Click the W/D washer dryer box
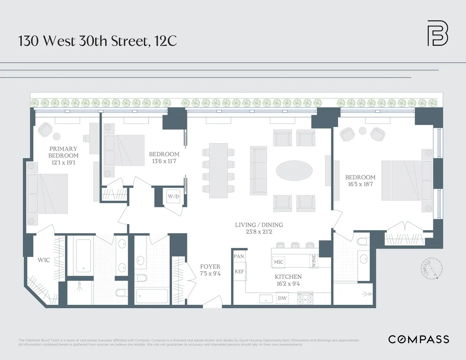click(x=173, y=197)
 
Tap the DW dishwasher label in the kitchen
click(x=282, y=298)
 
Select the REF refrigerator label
click(x=239, y=272)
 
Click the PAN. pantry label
click(x=238, y=256)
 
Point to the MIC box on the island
click(x=278, y=262)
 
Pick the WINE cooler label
click(x=313, y=261)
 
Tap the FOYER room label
click(x=210, y=267)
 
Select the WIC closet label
click(x=44, y=260)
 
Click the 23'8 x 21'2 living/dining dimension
click(x=259, y=233)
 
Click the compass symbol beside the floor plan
click(x=431, y=269)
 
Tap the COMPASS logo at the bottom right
click(x=419, y=339)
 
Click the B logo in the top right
click(x=438, y=33)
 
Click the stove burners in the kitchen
click(x=305, y=299)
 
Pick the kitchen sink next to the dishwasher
click(x=266, y=299)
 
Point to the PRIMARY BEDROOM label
click(x=63, y=152)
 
